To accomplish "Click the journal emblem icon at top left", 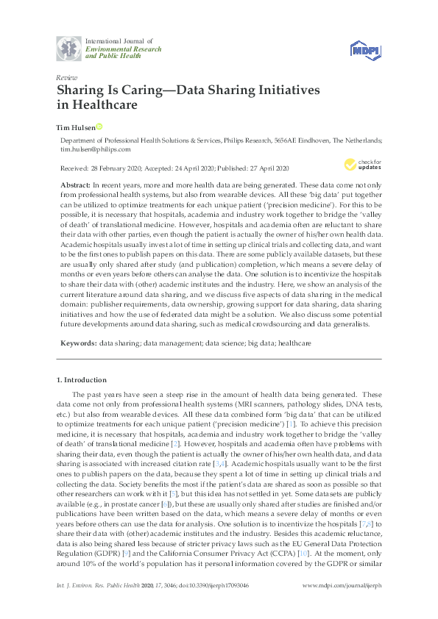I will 70,49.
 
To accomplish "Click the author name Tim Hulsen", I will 74,127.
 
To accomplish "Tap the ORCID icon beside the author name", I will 99,127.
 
